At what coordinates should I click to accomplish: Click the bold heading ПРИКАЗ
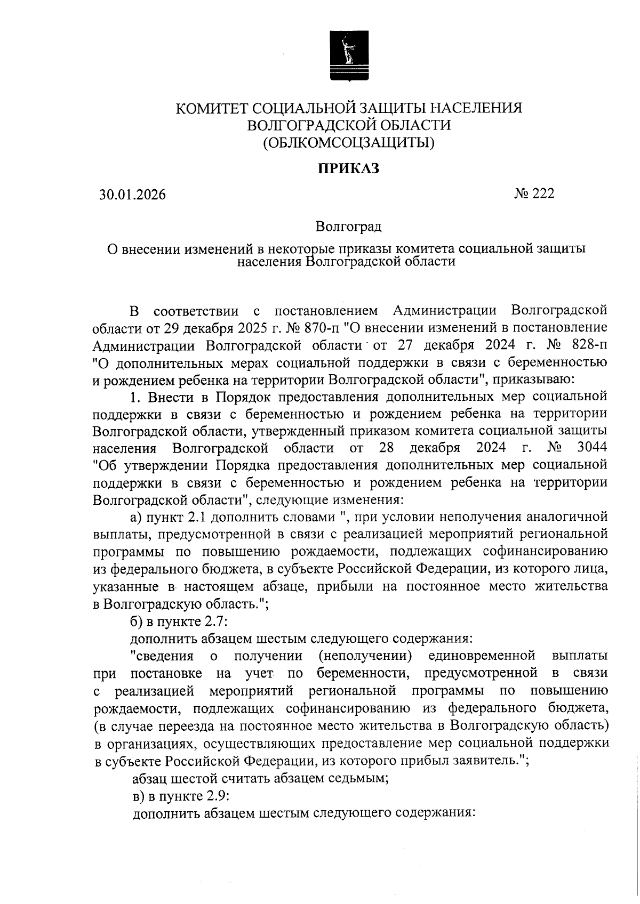click(x=349, y=169)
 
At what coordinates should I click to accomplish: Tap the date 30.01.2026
click(x=132, y=195)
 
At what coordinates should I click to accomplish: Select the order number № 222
click(x=534, y=193)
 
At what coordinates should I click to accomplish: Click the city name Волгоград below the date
click(x=348, y=227)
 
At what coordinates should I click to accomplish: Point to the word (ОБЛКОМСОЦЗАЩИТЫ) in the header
click(x=348, y=142)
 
